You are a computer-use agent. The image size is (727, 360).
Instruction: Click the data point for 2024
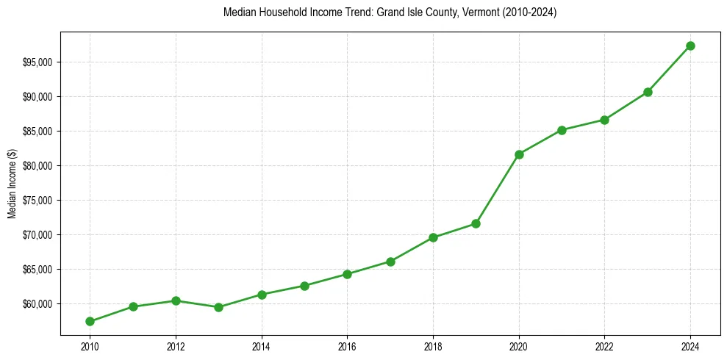(690, 46)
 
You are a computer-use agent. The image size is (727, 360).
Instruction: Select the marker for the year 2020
(519, 154)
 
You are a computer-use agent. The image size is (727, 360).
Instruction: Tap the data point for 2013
(218, 307)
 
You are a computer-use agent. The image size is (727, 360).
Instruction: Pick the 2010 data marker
(90, 321)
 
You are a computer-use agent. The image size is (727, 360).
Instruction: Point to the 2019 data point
(476, 223)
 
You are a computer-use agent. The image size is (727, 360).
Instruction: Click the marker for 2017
(390, 262)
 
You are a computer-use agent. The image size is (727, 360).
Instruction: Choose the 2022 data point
(604, 120)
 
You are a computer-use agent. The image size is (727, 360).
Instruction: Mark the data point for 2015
(304, 286)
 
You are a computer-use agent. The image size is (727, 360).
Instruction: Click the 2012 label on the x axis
(176, 345)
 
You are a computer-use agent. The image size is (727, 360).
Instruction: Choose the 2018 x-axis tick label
(433, 345)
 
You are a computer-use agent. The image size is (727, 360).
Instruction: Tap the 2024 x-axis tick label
(690, 345)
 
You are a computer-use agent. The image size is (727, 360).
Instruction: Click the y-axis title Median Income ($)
(12, 184)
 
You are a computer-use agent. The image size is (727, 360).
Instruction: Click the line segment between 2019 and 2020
(498, 189)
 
